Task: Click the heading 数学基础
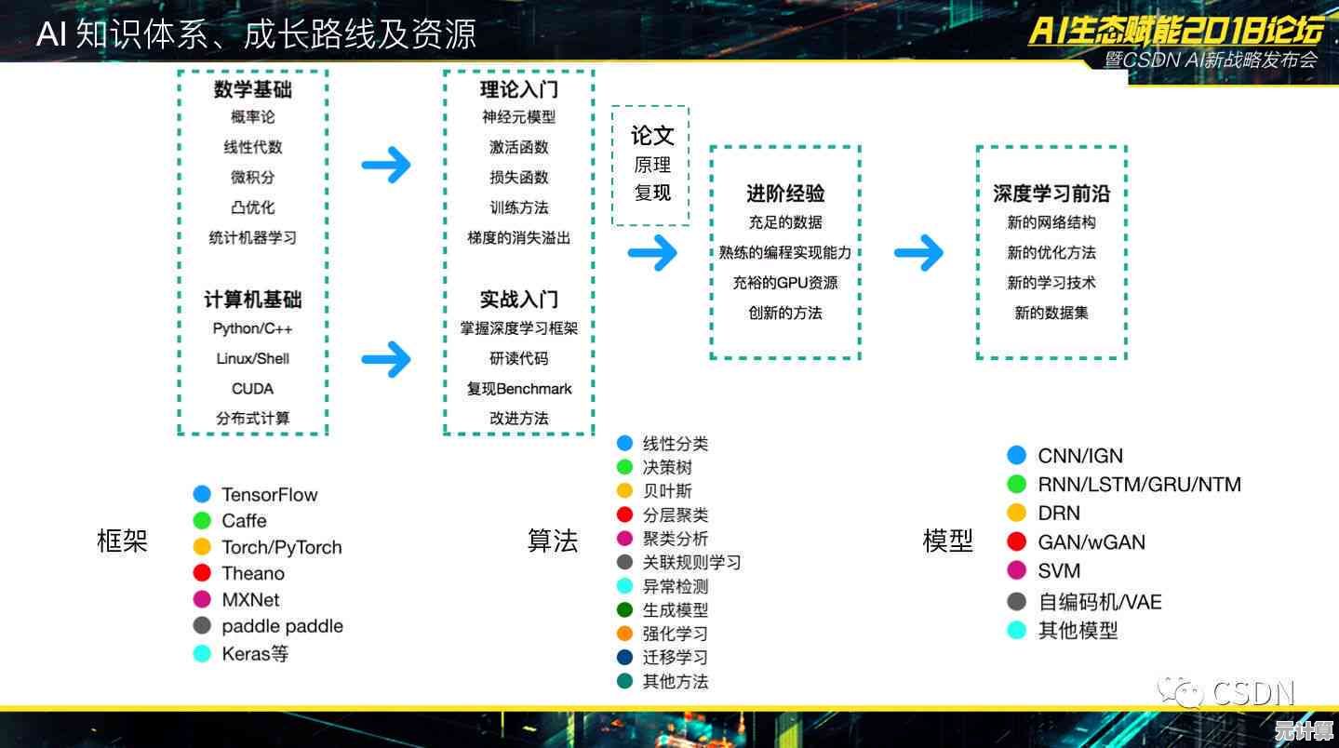pos(253,89)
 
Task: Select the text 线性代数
pos(253,147)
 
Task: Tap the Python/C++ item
pos(252,328)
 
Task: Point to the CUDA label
pos(252,389)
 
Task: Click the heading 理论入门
pos(519,89)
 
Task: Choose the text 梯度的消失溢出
pos(519,238)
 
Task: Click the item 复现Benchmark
pos(519,389)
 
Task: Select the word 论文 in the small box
pos(652,136)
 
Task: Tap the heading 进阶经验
pos(785,194)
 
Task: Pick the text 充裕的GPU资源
pos(785,283)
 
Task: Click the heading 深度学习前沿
pos(1051,194)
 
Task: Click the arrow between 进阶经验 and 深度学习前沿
pos(918,253)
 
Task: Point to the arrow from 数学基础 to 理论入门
pos(386,165)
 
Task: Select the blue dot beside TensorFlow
pos(202,494)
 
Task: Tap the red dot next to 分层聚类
pos(624,514)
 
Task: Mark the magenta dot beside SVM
pos(1016,570)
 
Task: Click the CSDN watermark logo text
pos(1252,693)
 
